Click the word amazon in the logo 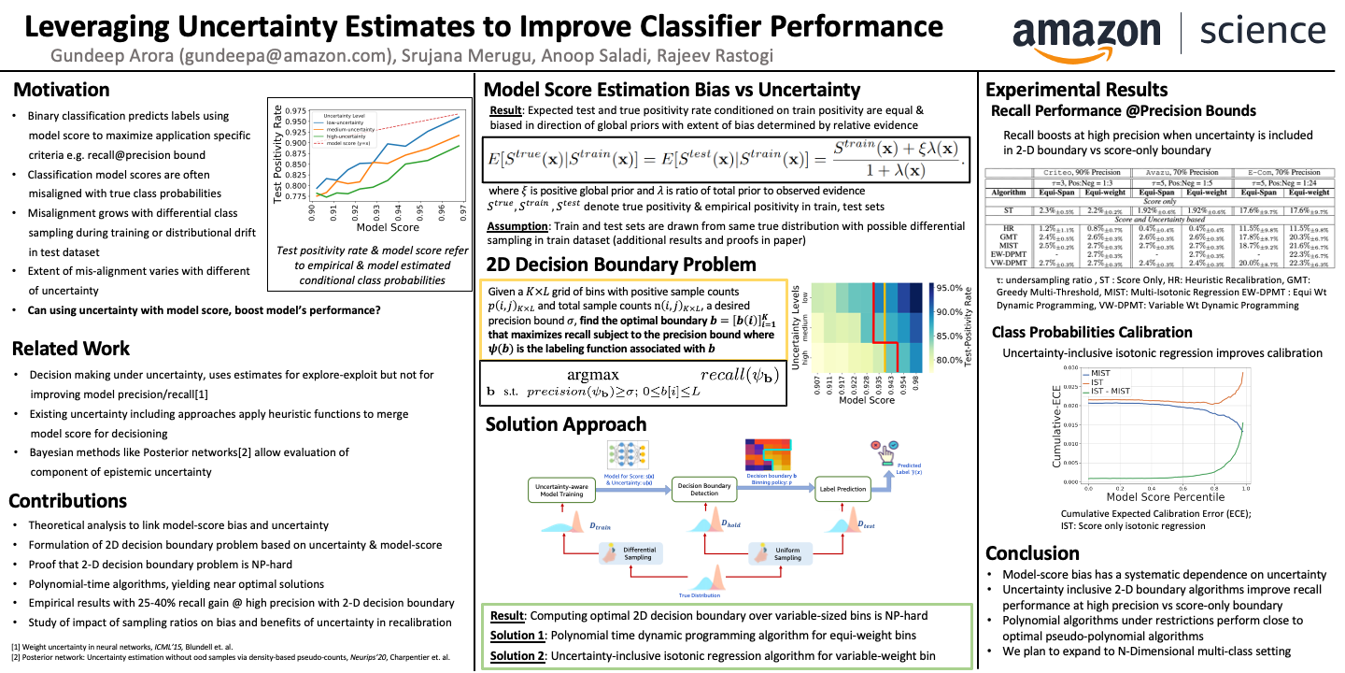coord(1089,35)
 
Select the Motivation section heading coord(61,90)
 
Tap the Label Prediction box coord(842,488)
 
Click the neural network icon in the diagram coord(627,455)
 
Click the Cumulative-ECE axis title coord(1056,429)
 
